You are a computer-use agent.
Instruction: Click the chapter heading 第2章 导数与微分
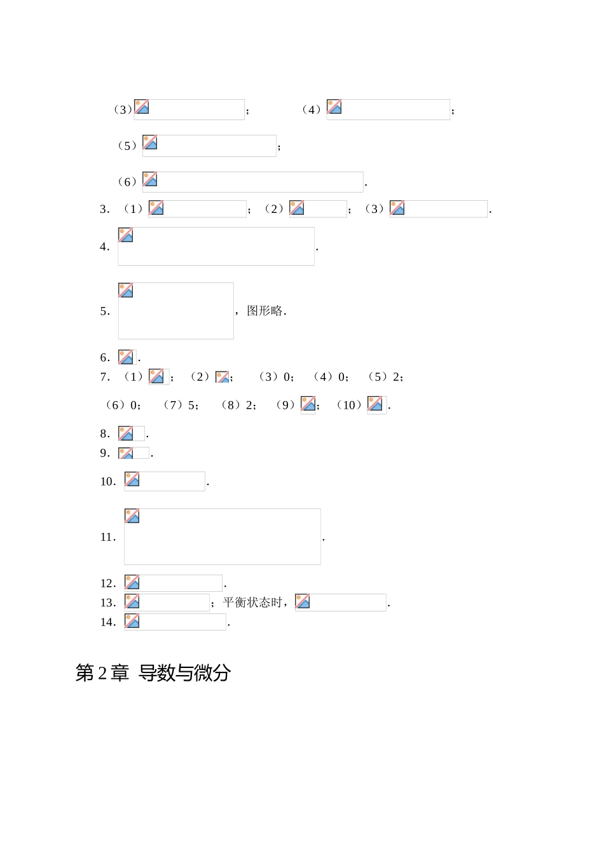click(x=153, y=672)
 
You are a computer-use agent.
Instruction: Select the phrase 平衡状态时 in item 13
click(x=252, y=603)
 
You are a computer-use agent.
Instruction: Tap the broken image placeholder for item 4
click(x=216, y=246)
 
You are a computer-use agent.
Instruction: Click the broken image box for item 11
click(x=222, y=536)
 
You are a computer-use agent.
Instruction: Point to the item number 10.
click(x=107, y=482)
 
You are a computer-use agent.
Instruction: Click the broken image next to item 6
click(x=127, y=357)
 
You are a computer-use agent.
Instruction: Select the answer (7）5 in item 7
click(x=181, y=405)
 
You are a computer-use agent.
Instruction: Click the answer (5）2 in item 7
click(x=385, y=377)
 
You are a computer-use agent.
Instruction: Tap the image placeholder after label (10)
click(x=376, y=405)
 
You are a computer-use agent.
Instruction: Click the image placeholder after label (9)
click(x=308, y=405)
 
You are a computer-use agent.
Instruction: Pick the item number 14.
click(x=107, y=622)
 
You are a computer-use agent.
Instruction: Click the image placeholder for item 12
click(x=173, y=583)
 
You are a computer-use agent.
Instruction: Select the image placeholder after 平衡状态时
click(x=340, y=602)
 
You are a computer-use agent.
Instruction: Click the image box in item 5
click(x=175, y=311)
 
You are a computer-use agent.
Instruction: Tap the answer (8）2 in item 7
click(x=238, y=405)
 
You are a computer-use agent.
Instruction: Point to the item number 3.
click(x=104, y=209)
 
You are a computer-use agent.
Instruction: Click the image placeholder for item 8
click(x=131, y=433)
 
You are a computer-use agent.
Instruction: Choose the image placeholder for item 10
click(x=164, y=481)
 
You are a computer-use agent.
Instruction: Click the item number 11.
click(x=107, y=537)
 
